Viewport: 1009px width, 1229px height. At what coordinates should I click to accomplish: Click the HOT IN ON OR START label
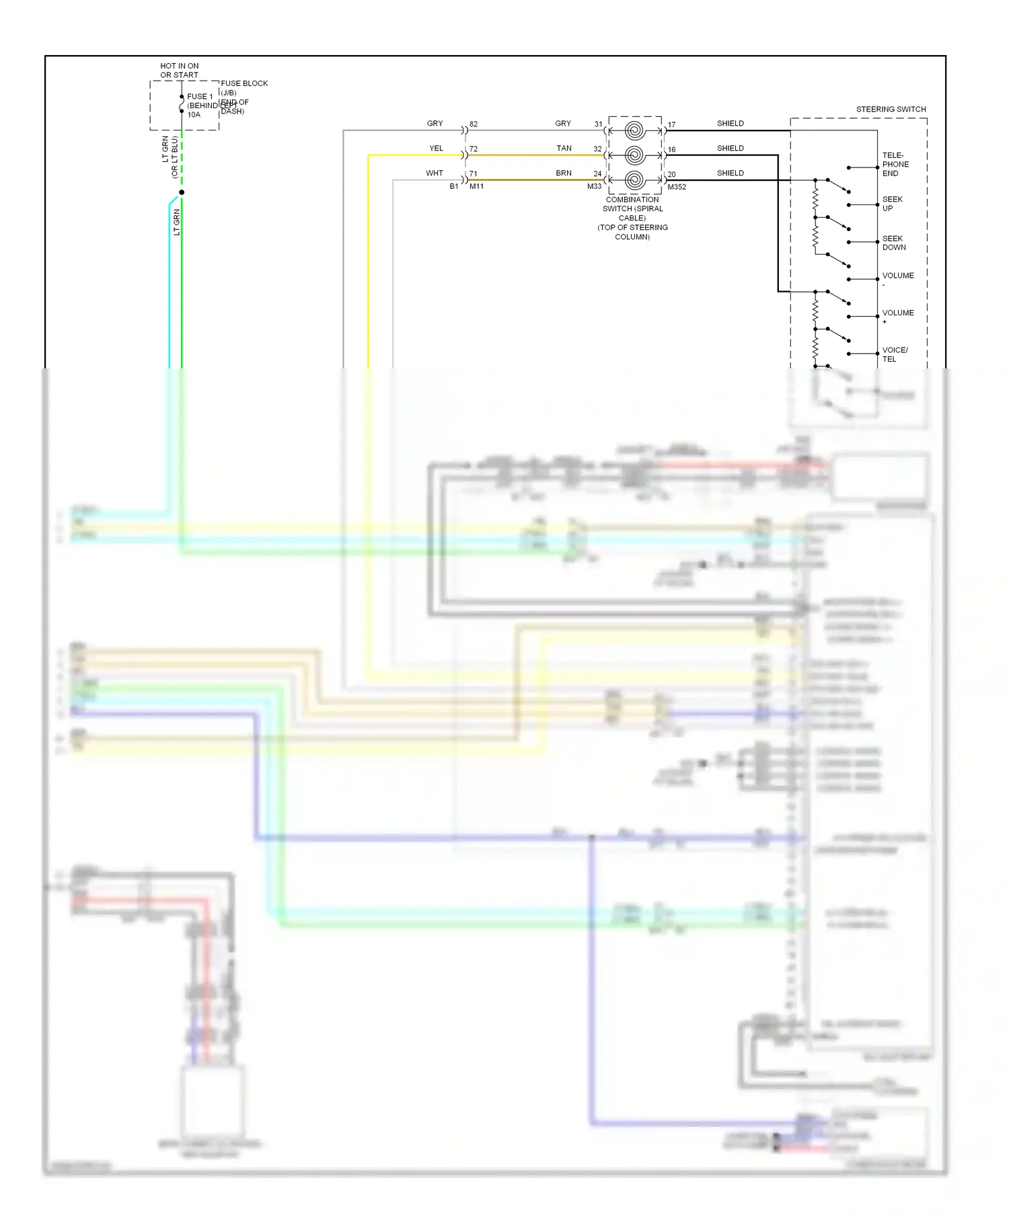click(180, 71)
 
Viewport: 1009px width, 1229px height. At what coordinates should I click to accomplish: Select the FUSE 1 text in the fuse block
click(200, 97)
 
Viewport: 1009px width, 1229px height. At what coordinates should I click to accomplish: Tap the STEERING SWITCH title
click(891, 109)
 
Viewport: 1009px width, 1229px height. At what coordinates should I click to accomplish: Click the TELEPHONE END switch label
click(895, 164)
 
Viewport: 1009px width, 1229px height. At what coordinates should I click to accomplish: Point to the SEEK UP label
click(892, 204)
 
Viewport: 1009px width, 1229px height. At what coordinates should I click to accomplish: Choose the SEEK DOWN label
click(893, 243)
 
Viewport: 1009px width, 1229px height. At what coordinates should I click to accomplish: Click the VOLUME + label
click(897, 316)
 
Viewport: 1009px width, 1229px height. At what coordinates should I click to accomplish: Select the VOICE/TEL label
click(895, 354)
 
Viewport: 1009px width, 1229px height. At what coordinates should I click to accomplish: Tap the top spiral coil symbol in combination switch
click(634, 130)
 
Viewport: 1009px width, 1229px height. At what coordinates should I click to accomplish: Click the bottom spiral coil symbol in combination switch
click(634, 180)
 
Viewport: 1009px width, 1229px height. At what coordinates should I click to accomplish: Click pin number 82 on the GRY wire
click(474, 124)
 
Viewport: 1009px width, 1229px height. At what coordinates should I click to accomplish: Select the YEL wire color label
click(436, 149)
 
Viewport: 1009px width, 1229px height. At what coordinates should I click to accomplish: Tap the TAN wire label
click(564, 149)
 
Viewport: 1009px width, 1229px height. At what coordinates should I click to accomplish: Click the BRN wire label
click(564, 173)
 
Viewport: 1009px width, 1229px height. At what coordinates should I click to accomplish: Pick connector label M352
click(677, 187)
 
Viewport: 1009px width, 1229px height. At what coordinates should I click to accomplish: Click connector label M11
click(476, 187)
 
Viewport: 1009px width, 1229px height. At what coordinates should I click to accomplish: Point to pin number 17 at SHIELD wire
click(671, 125)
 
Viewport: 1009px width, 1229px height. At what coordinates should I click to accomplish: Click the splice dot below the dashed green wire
click(182, 192)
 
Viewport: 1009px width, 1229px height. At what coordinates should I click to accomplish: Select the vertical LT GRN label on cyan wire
click(177, 222)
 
